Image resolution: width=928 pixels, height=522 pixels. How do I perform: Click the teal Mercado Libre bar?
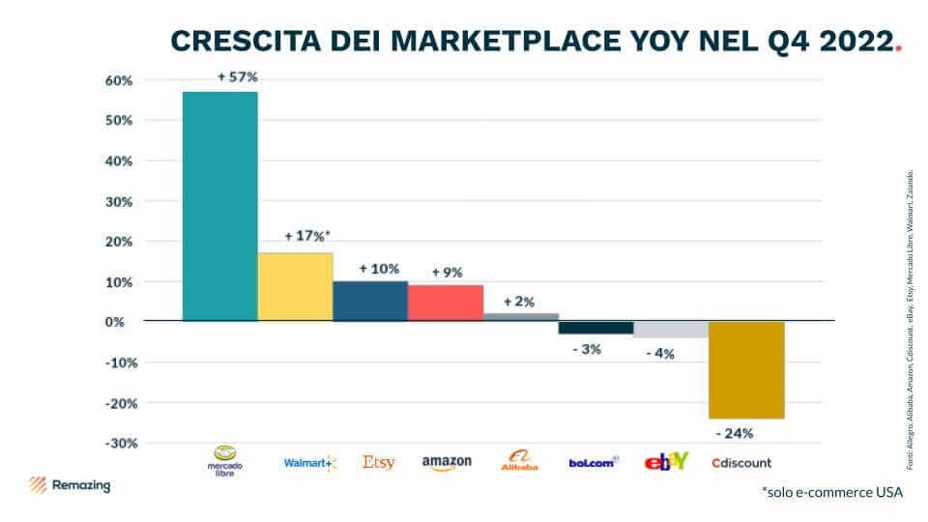point(220,206)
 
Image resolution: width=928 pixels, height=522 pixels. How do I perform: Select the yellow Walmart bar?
point(295,286)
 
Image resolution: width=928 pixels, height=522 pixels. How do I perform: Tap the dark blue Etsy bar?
point(370,301)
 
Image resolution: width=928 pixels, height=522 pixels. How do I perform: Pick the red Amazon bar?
point(446,302)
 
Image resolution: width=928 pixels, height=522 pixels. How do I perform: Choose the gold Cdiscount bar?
point(746,369)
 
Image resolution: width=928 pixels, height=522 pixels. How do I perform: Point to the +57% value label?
point(237,76)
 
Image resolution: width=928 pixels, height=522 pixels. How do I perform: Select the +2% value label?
point(520,301)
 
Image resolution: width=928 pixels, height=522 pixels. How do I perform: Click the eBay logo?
point(667,461)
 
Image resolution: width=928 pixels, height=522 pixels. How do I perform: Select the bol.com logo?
point(594,462)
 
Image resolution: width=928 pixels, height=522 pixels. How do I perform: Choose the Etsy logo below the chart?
point(379,462)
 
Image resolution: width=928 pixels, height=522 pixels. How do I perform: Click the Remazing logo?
point(69,485)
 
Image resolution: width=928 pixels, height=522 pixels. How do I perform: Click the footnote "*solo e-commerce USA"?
point(831,492)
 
